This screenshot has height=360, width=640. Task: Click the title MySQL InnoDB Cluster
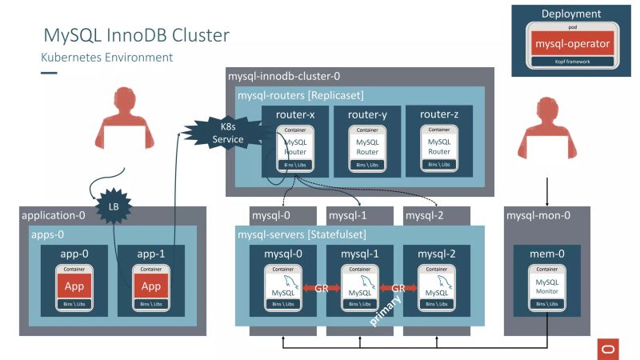pos(135,35)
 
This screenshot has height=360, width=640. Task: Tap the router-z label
pos(438,114)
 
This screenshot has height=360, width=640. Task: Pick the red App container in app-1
pos(150,286)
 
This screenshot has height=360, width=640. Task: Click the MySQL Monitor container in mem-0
pos(547,286)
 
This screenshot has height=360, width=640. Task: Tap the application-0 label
pos(53,215)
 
